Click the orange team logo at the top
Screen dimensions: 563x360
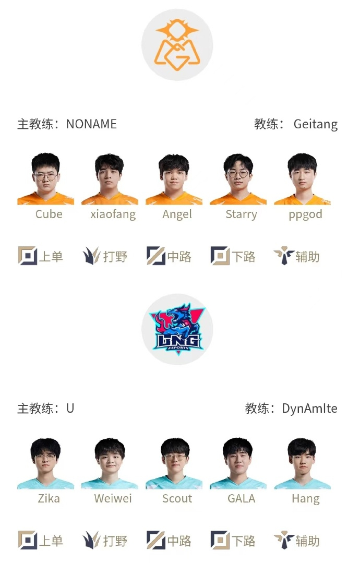point(177,45)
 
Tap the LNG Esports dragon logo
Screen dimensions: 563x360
point(177,329)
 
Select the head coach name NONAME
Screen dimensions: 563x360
point(91,124)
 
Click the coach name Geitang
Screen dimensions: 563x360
point(315,125)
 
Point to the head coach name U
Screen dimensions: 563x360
point(70,409)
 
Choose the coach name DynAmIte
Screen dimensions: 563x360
point(309,409)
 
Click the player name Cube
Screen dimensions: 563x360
point(49,214)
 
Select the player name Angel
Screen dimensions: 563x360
point(177,214)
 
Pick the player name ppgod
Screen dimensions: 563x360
point(305,214)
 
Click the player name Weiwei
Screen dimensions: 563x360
point(113,499)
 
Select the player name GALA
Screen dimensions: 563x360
point(241,499)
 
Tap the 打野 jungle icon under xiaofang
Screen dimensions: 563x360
point(91,256)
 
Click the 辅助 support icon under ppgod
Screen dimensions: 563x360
point(284,256)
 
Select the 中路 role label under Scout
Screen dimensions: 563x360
point(179,541)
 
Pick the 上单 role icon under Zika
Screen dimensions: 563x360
point(27,541)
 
